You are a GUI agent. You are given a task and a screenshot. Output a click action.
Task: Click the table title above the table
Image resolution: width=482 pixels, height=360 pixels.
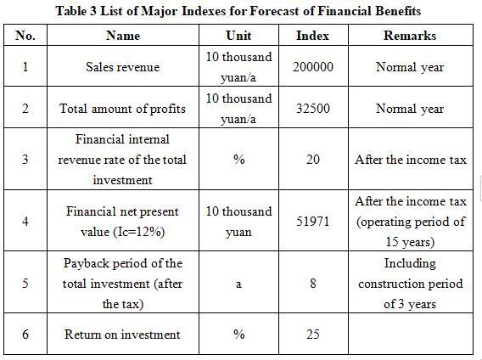(x=238, y=11)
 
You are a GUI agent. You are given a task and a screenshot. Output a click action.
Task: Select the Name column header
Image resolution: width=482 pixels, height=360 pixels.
(x=123, y=36)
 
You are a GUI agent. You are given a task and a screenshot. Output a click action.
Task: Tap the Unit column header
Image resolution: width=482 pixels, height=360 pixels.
(x=238, y=36)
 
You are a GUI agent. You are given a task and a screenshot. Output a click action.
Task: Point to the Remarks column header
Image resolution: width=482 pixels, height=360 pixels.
(x=410, y=36)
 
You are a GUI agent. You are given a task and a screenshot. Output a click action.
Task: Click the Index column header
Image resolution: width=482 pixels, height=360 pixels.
(x=312, y=36)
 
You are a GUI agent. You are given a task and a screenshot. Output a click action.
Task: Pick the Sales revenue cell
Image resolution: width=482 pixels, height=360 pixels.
(x=123, y=67)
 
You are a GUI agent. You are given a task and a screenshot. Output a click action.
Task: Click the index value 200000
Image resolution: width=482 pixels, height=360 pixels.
(x=313, y=67)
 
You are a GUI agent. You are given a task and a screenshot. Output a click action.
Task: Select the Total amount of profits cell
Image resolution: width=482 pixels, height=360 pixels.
(x=122, y=109)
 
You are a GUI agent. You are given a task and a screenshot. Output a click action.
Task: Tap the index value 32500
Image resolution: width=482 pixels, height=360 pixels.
(x=313, y=109)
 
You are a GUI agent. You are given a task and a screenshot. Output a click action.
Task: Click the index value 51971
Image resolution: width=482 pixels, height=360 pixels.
(x=313, y=222)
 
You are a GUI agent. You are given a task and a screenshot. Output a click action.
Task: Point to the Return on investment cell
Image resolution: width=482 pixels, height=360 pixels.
(x=122, y=335)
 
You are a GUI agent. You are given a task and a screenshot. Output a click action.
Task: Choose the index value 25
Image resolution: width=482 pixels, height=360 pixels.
(x=313, y=335)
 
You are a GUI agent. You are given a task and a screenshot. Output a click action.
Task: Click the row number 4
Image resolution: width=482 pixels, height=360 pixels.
(x=25, y=222)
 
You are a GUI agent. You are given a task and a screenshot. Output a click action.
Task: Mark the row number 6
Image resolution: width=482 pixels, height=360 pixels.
(x=25, y=335)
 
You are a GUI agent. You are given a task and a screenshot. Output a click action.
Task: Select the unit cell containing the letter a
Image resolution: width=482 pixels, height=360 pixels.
(x=238, y=284)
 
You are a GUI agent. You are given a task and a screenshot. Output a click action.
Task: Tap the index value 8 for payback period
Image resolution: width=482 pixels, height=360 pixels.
(x=313, y=283)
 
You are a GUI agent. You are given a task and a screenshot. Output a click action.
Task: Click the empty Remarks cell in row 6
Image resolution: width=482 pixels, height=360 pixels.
(x=411, y=334)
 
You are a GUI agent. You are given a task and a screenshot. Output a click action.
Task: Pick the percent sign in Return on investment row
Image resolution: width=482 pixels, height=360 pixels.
(x=238, y=335)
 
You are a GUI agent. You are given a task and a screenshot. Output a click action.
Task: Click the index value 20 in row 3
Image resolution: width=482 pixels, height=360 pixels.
(x=313, y=160)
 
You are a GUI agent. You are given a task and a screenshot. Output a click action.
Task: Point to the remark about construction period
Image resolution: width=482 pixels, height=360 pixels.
(x=411, y=284)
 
